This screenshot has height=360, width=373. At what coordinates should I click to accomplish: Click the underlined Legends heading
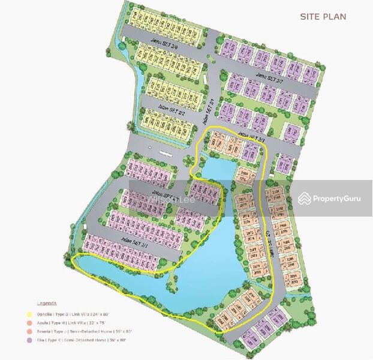46,304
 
